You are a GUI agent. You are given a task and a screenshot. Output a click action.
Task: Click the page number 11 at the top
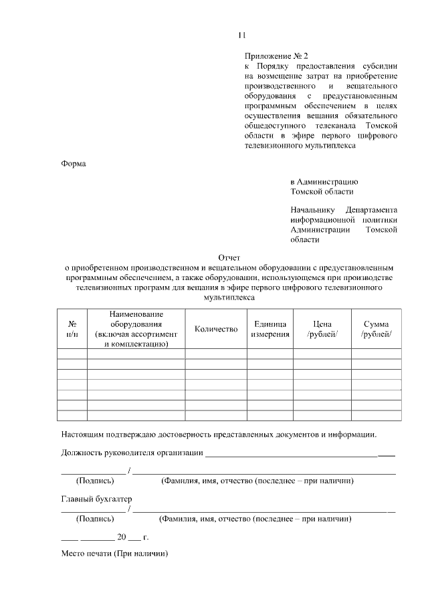coord(242,35)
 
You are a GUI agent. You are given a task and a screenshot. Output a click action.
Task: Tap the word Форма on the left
coord(74,163)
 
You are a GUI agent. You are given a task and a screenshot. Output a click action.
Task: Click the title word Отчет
coord(229,257)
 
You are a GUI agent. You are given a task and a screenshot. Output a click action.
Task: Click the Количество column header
coord(216,329)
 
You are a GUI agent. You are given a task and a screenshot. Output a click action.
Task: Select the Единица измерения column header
coord(270,329)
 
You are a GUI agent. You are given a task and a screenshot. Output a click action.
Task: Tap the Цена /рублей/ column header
coord(322,329)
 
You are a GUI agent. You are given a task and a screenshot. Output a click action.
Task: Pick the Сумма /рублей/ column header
coord(376,329)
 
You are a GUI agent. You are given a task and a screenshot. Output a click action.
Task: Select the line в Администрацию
coord(324,181)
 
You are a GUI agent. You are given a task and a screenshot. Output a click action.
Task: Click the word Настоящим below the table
coord(84,433)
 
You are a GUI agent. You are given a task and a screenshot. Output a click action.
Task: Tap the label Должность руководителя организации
coord(132,453)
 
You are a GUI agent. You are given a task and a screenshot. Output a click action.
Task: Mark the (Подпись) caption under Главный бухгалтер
coord(95,518)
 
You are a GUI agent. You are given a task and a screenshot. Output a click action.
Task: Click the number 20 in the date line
coord(122,537)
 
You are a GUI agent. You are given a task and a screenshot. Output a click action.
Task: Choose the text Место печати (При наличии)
coord(114,554)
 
